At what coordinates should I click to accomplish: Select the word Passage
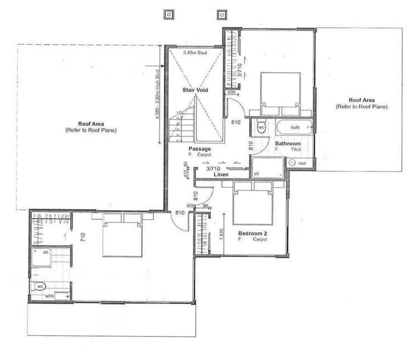click(199, 149)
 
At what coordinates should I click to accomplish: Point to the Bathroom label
click(289, 144)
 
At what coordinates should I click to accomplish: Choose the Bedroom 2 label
click(252, 233)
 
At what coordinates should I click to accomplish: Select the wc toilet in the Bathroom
click(261, 127)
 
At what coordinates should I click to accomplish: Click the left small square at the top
click(169, 13)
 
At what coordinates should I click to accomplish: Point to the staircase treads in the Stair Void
click(184, 126)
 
